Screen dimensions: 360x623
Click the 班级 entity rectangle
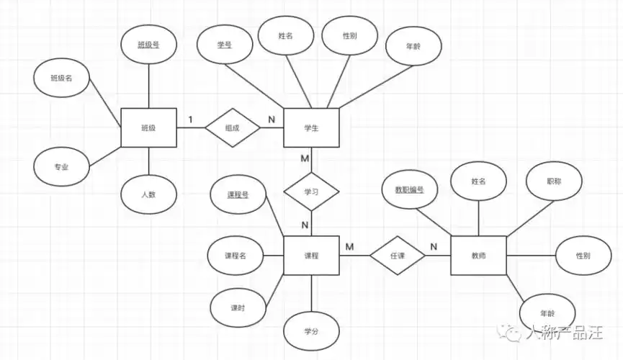pyautogui.click(x=148, y=128)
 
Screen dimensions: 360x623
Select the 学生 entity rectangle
pyautogui.click(x=311, y=128)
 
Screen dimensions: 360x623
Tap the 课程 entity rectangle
pyautogui.click(x=311, y=256)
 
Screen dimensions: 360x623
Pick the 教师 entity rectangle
pyautogui.click(x=478, y=256)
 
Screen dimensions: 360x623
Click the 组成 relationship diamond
pyautogui.click(x=232, y=128)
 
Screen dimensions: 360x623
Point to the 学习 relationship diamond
pyautogui.click(x=311, y=192)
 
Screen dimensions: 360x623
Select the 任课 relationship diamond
pyautogui.click(x=398, y=256)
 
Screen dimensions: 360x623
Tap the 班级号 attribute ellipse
pyautogui.click(x=148, y=45)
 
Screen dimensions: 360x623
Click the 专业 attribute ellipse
pyautogui.click(x=61, y=166)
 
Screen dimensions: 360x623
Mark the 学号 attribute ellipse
pyautogui.click(x=224, y=45)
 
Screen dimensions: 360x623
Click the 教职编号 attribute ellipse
pyautogui.click(x=409, y=190)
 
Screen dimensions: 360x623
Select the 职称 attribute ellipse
pyautogui.click(x=554, y=182)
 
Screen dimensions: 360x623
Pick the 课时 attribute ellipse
pyautogui.click(x=237, y=307)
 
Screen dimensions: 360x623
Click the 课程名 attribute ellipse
pyautogui.click(x=236, y=256)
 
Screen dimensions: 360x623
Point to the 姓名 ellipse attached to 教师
pyautogui.click(x=478, y=182)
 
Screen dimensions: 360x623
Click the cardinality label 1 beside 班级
pyautogui.click(x=190, y=119)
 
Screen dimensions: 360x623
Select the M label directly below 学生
pyautogui.click(x=305, y=158)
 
